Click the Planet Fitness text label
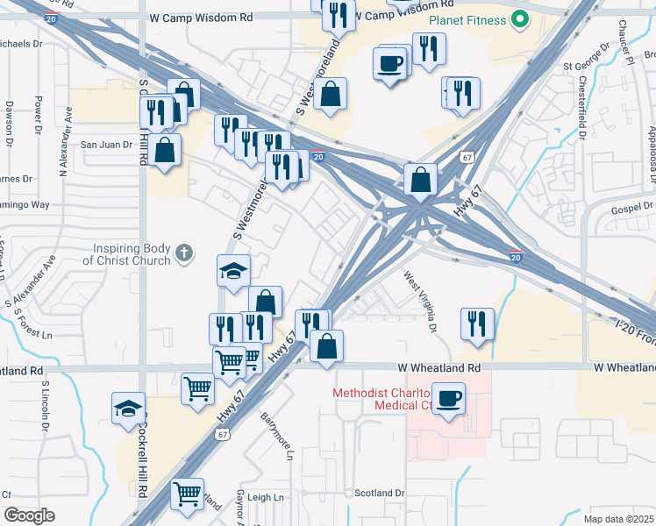(x=468, y=20)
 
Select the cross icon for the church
(x=183, y=253)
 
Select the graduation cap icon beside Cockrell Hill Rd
(x=128, y=408)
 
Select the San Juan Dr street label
(x=106, y=145)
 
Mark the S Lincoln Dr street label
(x=44, y=409)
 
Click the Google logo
(x=30, y=515)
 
